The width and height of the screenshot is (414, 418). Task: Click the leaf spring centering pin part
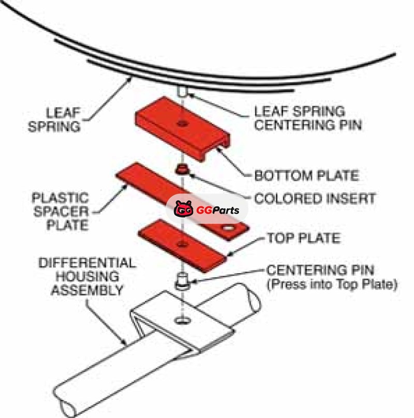(183, 92)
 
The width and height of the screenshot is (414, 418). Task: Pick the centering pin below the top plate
(182, 281)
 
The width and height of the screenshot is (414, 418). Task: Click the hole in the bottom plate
(182, 123)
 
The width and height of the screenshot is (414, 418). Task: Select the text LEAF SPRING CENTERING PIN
(300, 117)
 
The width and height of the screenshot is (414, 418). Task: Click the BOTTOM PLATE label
(306, 175)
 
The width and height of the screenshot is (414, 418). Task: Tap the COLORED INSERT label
(315, 198)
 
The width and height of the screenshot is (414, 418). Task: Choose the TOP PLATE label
(303, 238)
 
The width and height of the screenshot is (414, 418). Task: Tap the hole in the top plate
(181, 244)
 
